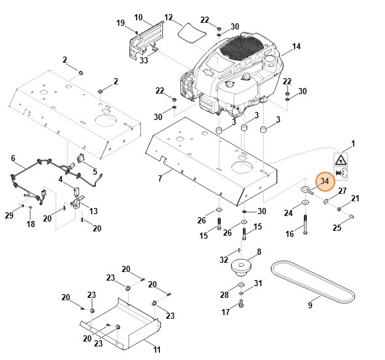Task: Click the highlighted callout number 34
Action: pos(325,181)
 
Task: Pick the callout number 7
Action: pos(159,178)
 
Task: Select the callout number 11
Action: pos(157,350)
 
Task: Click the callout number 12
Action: pos(169,17)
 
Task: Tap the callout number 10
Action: pos(138,17)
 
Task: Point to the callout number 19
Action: pos(121,23)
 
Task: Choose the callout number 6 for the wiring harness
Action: pos(13,158)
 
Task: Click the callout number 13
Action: pos(93,211)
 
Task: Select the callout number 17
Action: pos(225,313)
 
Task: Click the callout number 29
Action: pos(9,215)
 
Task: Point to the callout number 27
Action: pos(343,191)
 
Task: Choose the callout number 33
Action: pos(144,60)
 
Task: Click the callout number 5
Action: pos(95,171)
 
